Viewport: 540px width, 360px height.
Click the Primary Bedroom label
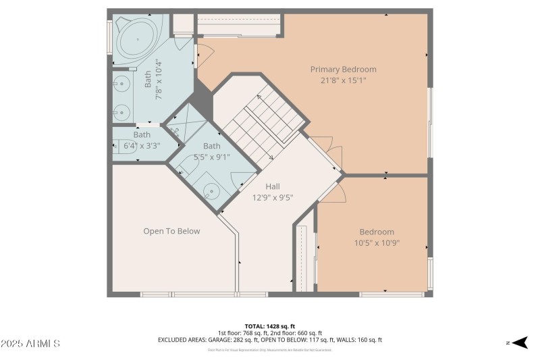coord(343,70)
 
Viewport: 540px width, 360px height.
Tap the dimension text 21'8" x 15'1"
coord(343,80)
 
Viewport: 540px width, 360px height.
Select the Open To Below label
coord(171,231)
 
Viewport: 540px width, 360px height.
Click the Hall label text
coord(272,187)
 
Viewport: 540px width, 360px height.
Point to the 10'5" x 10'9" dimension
coord(377,243)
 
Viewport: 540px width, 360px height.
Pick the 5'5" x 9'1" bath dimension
coord(212,157)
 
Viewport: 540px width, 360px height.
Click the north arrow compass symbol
coord(518,343)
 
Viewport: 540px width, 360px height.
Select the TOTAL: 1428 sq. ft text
coord(269,326)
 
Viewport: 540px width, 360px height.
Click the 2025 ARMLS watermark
coord(30,344)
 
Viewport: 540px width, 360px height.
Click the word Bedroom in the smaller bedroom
coord(377,232)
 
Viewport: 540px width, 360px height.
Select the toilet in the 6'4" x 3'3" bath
coord(122,145)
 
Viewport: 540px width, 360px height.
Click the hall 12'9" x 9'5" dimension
coord(272,198)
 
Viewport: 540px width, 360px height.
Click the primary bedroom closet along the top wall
coord(238,25)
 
